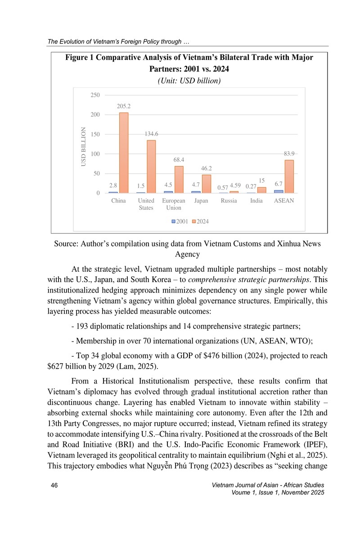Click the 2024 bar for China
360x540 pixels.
click(x=123, y=153)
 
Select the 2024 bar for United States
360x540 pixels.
click(x=151, y=167)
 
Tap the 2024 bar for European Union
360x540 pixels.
click(x=179, y=180)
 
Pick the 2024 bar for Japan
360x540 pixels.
click(x=206, y=184)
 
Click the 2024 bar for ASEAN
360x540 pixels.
click(x=289, y=176)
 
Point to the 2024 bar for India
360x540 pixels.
click(x=261, y=190)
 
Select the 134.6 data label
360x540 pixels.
click(x=151, y=134)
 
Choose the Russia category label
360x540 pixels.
click(x=229, y=201)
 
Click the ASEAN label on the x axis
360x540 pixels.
click(x=284, y=201)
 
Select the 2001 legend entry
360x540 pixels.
click(x=180, y=221)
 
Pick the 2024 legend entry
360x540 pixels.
click(x=200, y=221)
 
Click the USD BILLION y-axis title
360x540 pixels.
click(x=83, y=147)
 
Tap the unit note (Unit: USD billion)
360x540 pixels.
click(x=189, y=81)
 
